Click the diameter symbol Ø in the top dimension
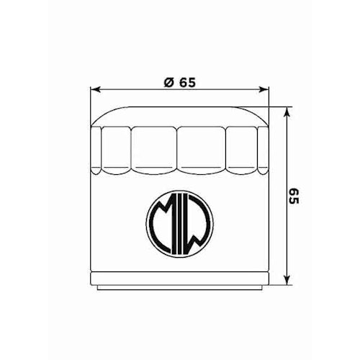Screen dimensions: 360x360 click(167, 81)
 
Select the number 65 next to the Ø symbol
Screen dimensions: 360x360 click(187, 81)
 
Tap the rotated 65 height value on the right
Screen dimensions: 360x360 click(293, 197)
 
